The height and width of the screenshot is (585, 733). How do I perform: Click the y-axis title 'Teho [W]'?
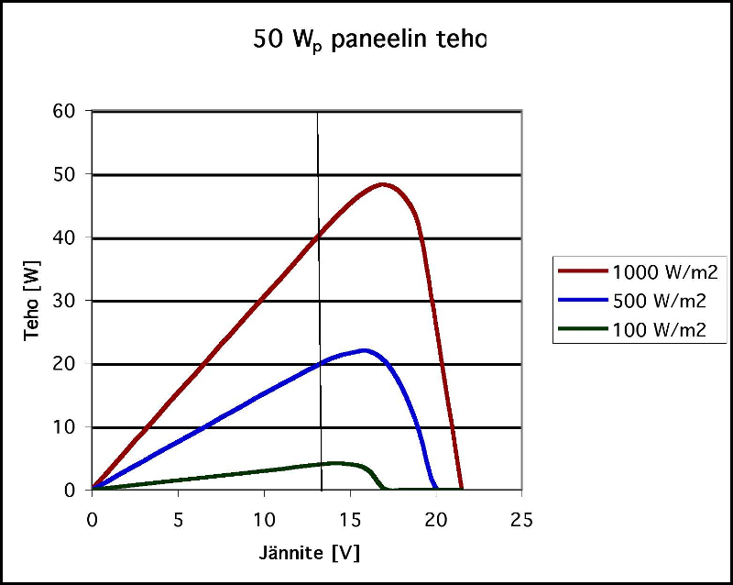[x=32, y=300]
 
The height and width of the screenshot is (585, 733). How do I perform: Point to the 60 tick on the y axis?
[x=73, y=112]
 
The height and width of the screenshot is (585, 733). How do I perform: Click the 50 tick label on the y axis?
[x=73, y=175]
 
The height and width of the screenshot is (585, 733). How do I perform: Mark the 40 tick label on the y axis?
[x=73, y=238]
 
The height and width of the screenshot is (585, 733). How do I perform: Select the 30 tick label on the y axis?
[x=73, y=301]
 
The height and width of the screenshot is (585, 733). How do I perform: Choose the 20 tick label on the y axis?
[x=73, y=364]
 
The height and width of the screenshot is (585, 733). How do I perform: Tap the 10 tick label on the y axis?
[x=73, y=427]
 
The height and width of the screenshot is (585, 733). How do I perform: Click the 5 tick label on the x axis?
[x=178, y=519]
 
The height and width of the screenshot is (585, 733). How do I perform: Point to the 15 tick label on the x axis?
[x=350, y=519]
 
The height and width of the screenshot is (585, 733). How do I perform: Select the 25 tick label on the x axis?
[x=521, y=519]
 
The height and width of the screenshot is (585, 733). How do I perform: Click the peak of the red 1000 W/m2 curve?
[x=383, y=184]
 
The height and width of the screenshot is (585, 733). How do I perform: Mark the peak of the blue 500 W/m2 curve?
[x=365, y=350]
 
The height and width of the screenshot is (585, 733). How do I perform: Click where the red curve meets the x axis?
[x=462, y=490]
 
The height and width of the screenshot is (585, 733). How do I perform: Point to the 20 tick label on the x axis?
[x=436, y=519]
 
